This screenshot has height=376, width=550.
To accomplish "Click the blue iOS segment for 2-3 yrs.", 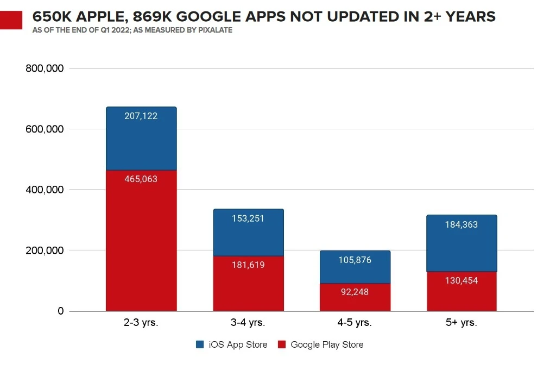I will [141, 139].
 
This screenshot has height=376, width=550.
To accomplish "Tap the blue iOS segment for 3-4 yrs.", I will [248, 232].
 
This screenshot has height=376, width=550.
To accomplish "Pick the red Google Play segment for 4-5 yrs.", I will [355, 297].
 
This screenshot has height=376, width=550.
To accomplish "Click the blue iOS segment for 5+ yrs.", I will [462, 243].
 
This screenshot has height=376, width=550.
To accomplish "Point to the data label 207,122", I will [141, 116].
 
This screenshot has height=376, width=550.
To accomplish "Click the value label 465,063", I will [141, 179].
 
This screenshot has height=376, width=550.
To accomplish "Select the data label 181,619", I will [248, 266].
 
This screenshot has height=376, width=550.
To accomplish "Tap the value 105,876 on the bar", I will [355, 260].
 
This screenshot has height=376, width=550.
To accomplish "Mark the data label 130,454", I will [462, 281].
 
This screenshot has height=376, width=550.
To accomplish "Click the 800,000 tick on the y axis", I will [45, 69].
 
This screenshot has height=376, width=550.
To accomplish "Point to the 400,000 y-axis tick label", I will [45, 190].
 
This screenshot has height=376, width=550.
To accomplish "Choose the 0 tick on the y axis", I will [60, 311].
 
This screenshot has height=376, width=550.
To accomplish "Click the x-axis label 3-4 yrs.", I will [248, 323].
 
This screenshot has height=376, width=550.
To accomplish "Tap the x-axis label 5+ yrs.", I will [462, 323].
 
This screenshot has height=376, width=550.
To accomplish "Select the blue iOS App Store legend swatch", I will [199, 344].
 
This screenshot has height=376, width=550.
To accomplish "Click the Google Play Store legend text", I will [327, 344].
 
